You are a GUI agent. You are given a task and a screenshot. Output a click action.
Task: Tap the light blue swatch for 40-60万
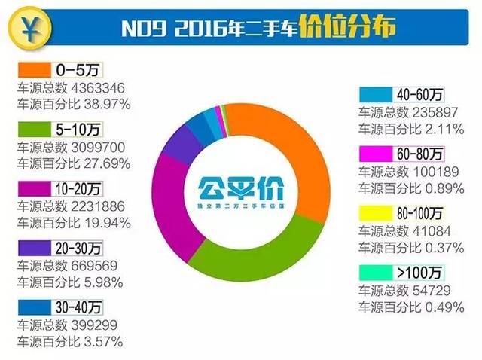click(374, 96)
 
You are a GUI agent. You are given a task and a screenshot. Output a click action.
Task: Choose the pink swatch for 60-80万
click(374, 154)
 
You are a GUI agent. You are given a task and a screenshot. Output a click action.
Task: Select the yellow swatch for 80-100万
click(374, 212)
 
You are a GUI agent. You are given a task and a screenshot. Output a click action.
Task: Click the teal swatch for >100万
click(374, 271)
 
